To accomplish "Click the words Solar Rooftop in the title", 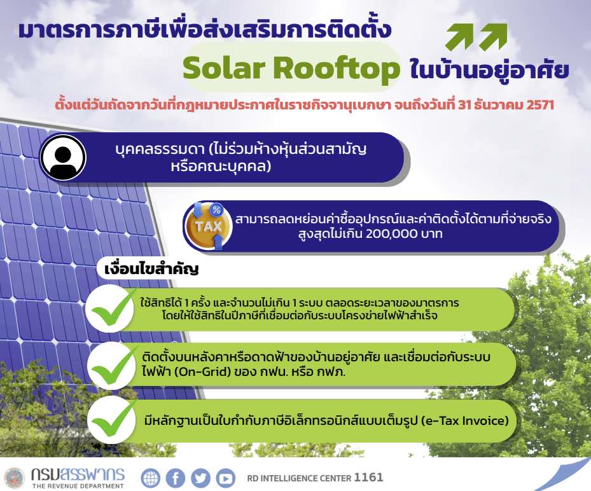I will [x=291, y=69].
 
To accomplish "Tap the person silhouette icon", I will [x=63, y=157].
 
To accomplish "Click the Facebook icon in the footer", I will [x=175, y=478].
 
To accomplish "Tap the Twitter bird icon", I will [x=200, y=478].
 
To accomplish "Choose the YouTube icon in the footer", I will [x=225, y=478].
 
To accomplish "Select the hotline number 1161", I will [x=369, y=477].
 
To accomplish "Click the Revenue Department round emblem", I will [x=13, y=478].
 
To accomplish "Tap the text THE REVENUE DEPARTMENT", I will [x=78, y=486].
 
